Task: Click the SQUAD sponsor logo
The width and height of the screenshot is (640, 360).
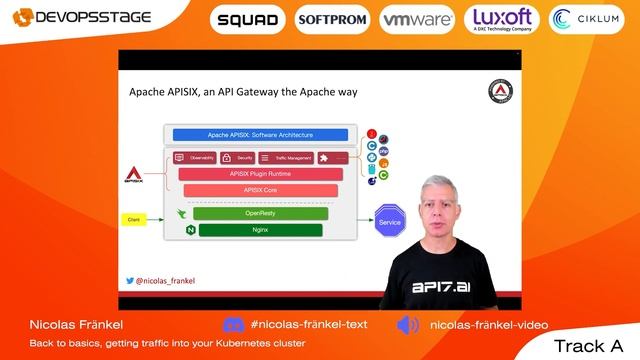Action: tap(247, 20)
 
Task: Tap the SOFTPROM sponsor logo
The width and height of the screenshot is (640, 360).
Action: tap(332, 20)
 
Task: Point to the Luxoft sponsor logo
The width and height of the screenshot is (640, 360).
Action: tap(501, 20)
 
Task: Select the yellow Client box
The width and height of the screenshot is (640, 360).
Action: tap(133, 218)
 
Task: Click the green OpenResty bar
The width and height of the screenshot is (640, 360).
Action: tap(260, 213)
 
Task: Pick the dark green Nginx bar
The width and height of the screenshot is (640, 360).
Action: tap(260, 230)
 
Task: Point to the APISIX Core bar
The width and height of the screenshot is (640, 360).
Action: tap(260, 190)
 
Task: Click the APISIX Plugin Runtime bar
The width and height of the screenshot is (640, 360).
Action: tap(260, 174)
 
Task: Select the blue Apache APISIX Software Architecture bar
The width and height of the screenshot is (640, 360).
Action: tap(260, 134)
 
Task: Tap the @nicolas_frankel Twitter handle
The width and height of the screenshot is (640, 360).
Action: tap(164, 283)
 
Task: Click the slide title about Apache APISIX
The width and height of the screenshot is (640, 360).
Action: tap(243, 93)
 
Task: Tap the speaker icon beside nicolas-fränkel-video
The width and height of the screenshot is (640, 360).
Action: tap(408, 325)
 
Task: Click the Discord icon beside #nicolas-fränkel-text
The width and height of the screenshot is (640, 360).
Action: tap(233, 325)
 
